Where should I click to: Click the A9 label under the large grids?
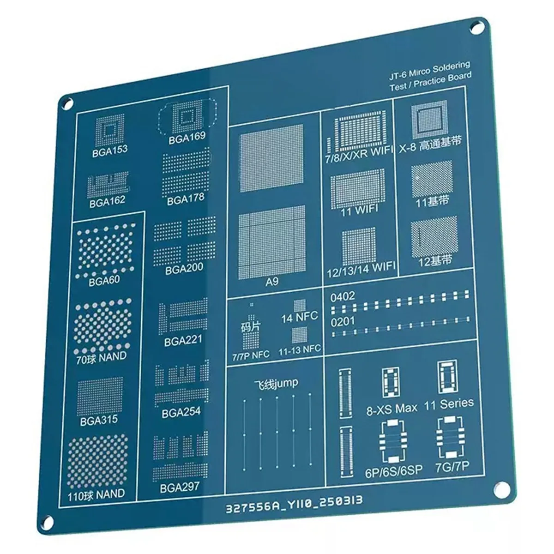[272, 281]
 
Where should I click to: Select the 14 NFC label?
[300, 317]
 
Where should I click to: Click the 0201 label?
[343, 321]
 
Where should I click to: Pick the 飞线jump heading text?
[276, 384]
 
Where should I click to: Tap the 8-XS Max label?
[391, 408]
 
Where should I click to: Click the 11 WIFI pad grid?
[358, 187]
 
